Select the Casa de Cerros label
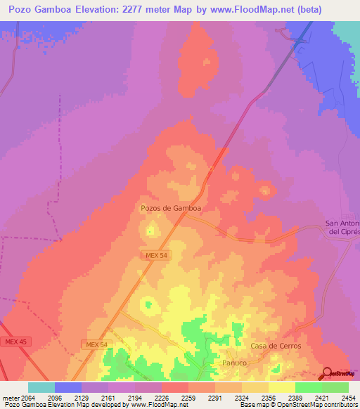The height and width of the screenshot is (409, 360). point(276,346)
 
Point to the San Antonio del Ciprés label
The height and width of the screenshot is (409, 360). point(343,228)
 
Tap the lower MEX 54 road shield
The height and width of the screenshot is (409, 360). point(95,344)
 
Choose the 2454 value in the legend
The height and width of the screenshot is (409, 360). point(340,397)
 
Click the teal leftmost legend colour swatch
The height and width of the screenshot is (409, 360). point(41,387)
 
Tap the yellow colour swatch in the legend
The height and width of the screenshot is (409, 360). point(282,387)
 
